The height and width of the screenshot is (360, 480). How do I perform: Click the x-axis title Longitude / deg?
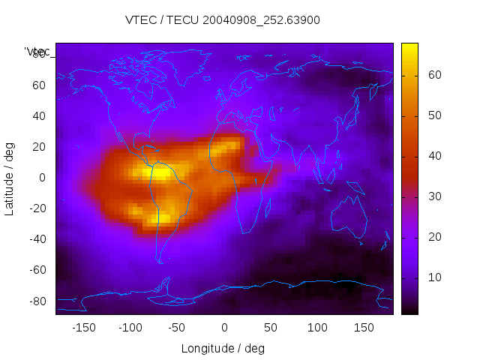pos(223,348)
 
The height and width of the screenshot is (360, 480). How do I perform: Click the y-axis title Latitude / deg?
pos(10,178)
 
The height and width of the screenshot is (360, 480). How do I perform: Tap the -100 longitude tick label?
pos(130,328)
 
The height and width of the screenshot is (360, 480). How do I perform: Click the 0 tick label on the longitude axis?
pos(223,328)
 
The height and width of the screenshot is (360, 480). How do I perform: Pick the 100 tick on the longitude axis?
pos(317,328)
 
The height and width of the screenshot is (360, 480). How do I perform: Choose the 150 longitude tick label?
pos(364,328)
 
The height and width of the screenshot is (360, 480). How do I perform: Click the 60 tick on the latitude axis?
pos(39,85)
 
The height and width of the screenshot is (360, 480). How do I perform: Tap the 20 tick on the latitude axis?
pos(39,147)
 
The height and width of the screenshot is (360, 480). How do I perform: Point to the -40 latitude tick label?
pos(37,239)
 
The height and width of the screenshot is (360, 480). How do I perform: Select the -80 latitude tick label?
pos(37,301)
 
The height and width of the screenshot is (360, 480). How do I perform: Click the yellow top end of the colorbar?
pos(409,47)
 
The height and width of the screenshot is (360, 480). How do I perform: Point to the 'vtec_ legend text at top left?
pos(38,52)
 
